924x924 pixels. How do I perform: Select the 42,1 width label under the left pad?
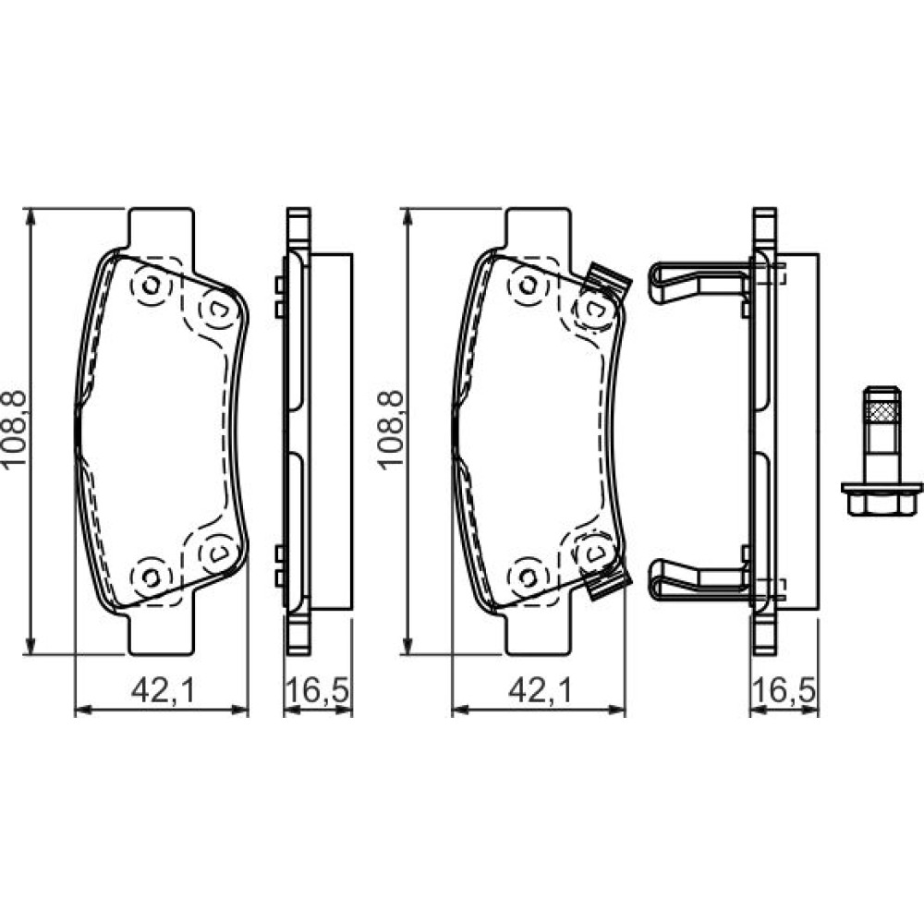coord(163,690)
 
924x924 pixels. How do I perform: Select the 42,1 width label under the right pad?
coord(540,690)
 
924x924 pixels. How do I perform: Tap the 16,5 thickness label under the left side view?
coord(318,690)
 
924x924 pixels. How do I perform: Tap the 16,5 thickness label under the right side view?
coord(784,690)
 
